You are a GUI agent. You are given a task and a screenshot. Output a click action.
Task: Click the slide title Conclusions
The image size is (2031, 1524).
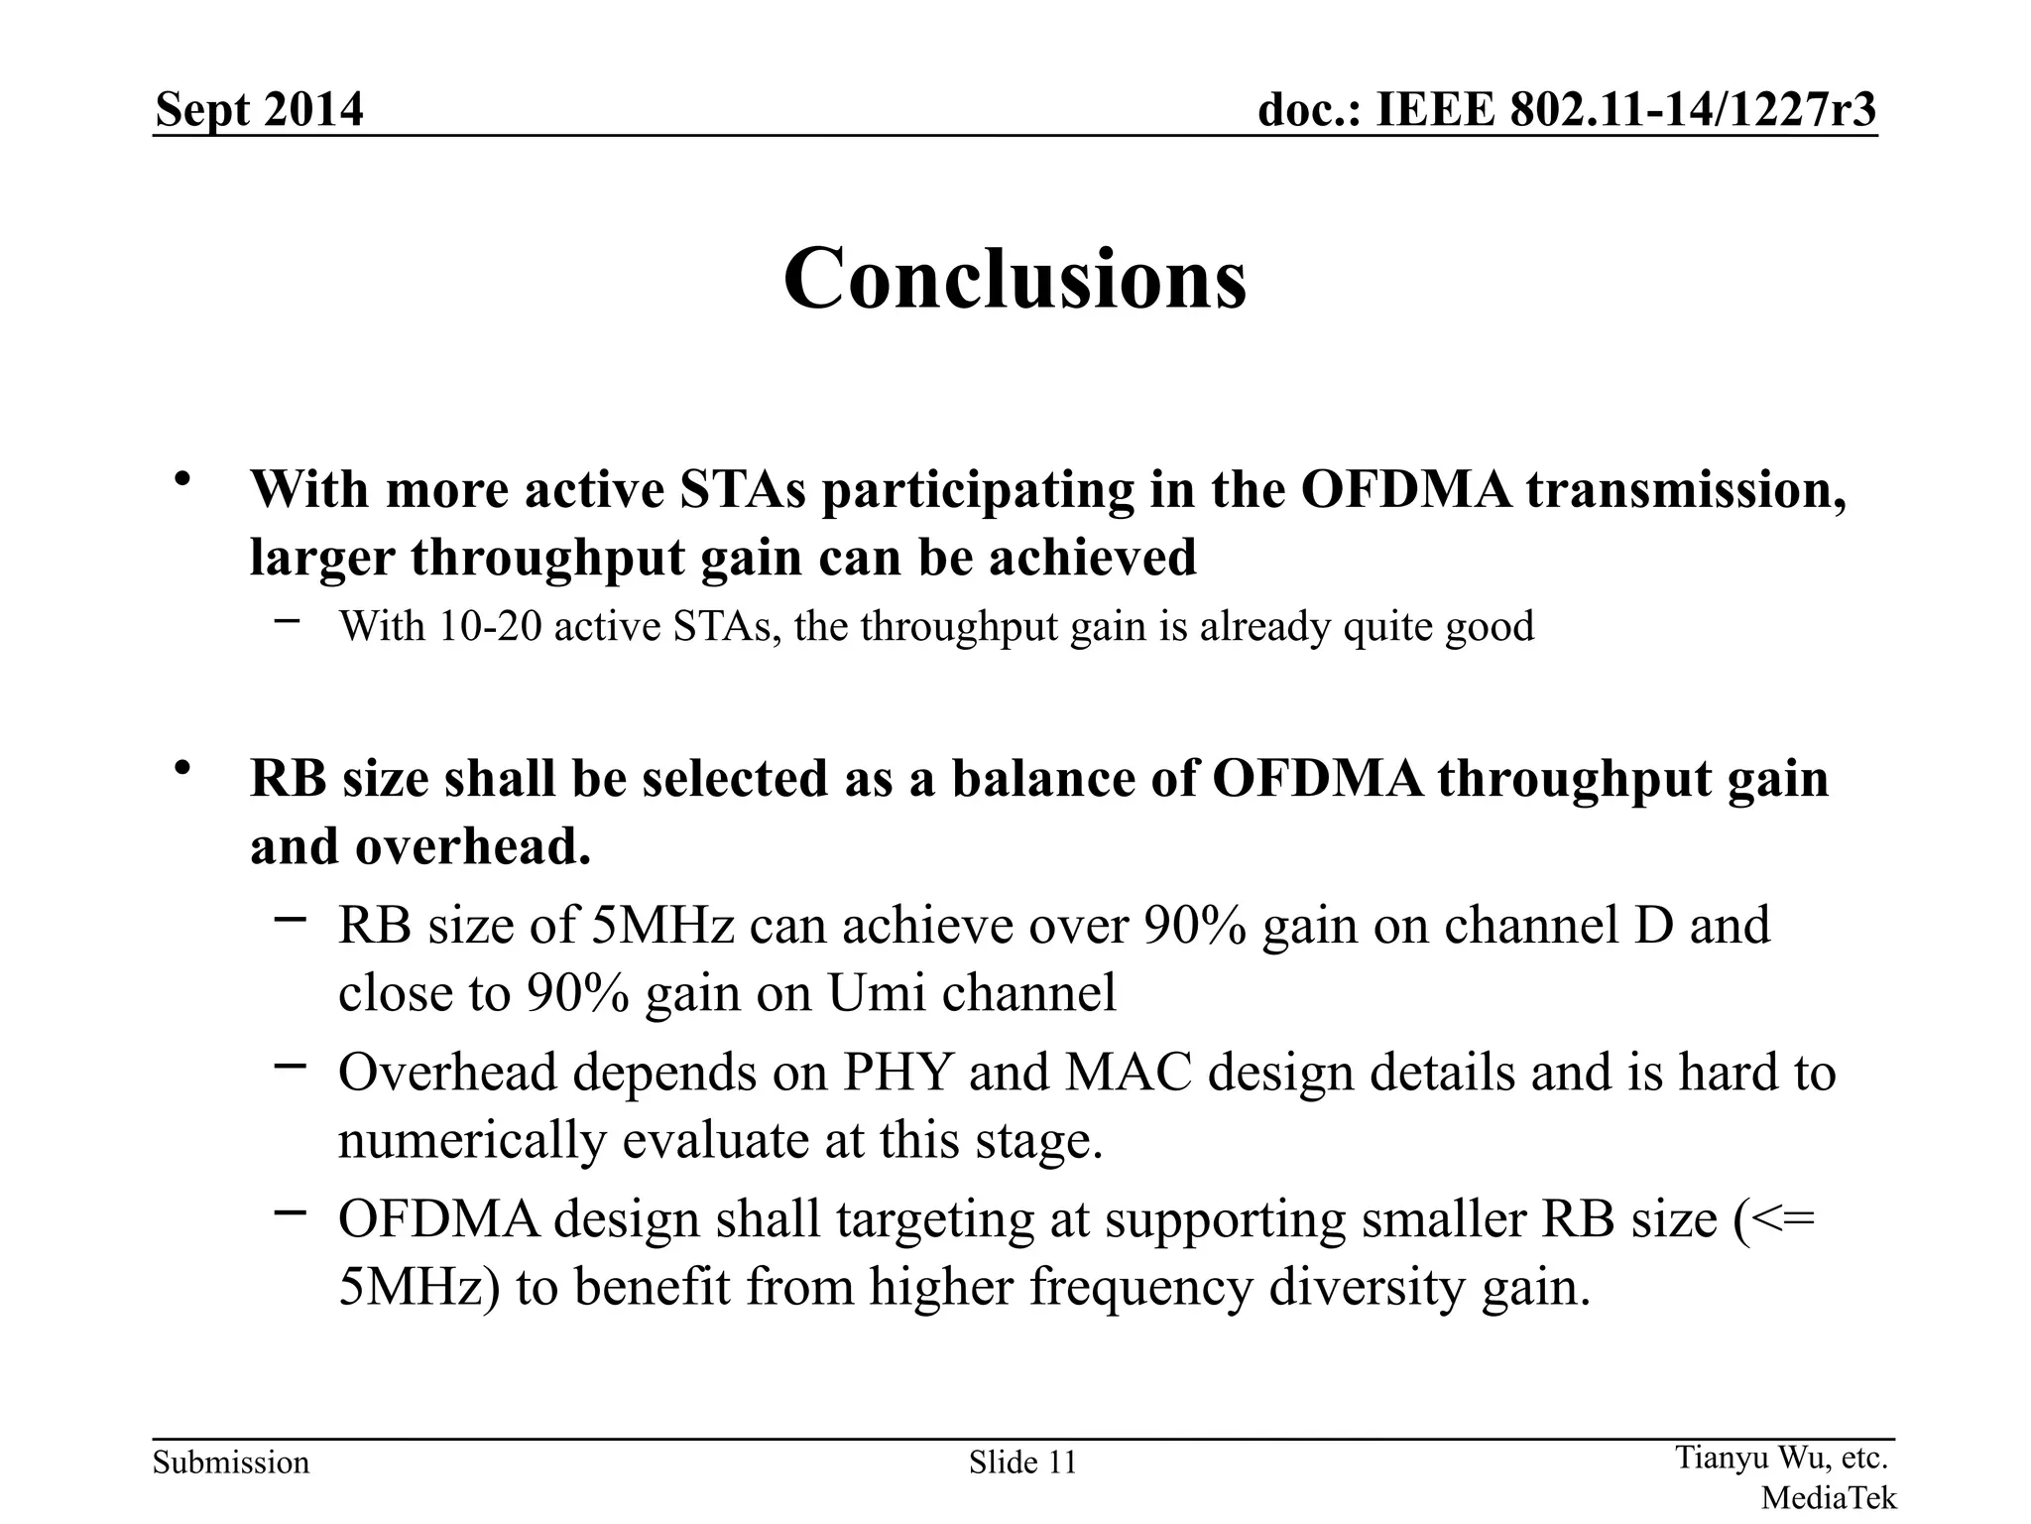coord(1015,279)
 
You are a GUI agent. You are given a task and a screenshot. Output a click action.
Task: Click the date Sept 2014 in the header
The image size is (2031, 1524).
coord(260,109)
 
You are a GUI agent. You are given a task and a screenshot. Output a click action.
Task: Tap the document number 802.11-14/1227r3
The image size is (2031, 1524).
coord(1693,109)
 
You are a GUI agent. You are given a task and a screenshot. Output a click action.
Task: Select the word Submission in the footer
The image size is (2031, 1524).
coord(231,1462)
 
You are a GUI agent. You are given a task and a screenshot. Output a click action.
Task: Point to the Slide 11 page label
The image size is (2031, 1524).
coord(1022,1462)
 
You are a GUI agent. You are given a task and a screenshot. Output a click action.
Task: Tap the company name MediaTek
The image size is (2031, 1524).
coord(1828,1497)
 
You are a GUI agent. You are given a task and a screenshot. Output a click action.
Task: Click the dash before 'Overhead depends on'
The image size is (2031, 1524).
coord(290,1066)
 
